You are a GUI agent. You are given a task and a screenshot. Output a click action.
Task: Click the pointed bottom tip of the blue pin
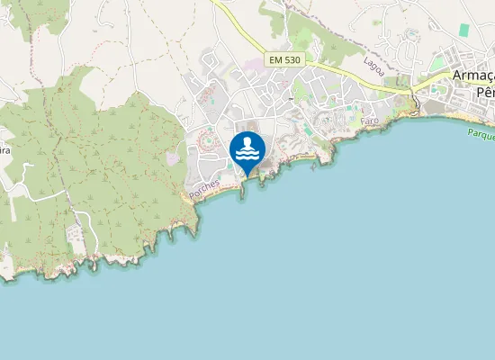pyautogui.click(x=247, y=174)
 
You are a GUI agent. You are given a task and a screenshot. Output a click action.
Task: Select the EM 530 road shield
pyautogui.click(x=283, y=59)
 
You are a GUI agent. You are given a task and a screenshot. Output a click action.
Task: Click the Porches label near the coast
pyautogui.click(x=205, y=188)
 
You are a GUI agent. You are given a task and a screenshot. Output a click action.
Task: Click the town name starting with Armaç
pyautogui.click(x=473, y=76)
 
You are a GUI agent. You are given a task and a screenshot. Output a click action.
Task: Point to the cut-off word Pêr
pyautogui.click(x=485, y=92)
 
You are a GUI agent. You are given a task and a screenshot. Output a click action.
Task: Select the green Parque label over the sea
pyautogui.click(x=481, y=134)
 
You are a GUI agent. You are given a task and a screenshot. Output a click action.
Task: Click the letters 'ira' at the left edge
pyautogui.click(x=4, y=150)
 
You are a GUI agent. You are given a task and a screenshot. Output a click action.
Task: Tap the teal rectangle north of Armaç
pyautogui.click(x=464, y=30)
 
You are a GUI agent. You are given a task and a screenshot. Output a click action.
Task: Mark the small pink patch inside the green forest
pyautogui.click(x=172, y=158)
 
